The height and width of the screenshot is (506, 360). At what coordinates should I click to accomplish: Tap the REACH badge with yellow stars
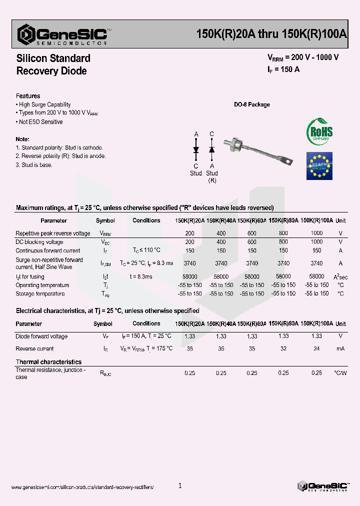[x=319, y=165]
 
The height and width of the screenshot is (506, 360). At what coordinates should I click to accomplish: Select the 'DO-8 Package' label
[x=252, y=104]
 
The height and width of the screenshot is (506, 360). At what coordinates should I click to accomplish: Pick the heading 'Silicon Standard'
[x=53, y=58]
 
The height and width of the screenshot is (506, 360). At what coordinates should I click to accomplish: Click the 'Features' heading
[x=28, y=96]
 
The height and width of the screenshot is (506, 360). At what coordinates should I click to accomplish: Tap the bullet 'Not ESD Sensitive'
[x=40, y=122]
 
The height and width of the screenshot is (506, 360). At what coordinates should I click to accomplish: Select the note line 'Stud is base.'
[x=34, y=165]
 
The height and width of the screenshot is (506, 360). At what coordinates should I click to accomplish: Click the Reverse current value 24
[x=316, y=348]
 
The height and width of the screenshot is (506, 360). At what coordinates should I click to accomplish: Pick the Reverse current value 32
[x=283, y=348]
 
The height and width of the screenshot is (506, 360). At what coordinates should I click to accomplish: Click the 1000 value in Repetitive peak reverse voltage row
[x=316, y=233]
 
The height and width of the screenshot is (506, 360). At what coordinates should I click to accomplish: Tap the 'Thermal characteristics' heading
[x=48, y=361]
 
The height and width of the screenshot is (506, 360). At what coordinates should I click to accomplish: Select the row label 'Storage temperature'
[x=40, y=294]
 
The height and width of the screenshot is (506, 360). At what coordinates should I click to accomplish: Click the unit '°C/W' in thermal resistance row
[x=340, y=372]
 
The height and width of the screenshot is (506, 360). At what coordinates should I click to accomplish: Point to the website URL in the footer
[x=82, y=487]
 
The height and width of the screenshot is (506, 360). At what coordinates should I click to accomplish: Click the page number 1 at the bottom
[x=180, y=485]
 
